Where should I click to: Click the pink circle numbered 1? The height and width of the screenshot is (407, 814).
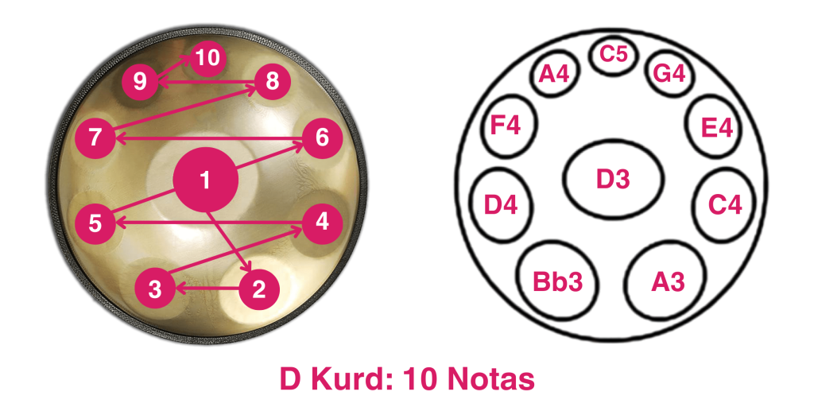206,180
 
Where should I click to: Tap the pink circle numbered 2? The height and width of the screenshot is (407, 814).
259,289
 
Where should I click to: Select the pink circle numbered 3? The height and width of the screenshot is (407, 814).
155,289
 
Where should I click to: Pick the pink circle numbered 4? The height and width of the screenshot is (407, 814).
322,223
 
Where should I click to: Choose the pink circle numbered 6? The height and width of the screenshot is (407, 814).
322,138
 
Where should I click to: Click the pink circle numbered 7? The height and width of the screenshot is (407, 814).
95,138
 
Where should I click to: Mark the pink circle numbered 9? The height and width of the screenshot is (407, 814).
140,81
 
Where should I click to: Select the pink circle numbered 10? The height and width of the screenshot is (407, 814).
207,57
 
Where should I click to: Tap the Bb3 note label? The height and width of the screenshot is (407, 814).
558,282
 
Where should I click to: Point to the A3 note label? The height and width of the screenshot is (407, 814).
668,282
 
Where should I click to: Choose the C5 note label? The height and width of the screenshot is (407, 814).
614,54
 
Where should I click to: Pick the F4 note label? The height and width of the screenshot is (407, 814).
506,126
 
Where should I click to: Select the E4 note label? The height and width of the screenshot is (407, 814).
717,128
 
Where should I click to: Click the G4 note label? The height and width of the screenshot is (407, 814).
669,74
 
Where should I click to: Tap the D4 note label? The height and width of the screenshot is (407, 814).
501,206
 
